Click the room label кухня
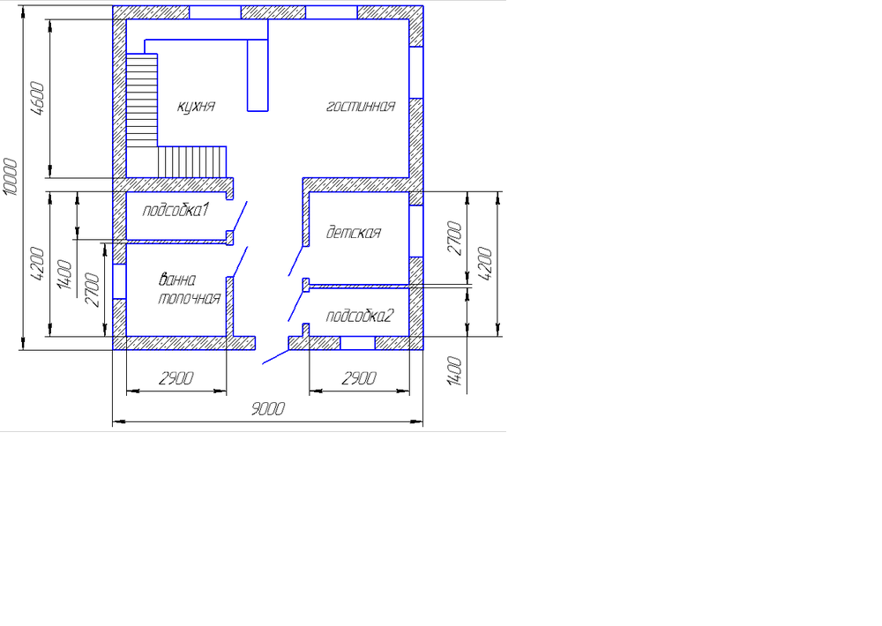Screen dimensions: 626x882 point(196,106)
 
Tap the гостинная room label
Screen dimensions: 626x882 point(360,106)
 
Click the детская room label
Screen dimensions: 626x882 point(353,233)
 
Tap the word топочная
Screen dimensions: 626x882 point(188,298)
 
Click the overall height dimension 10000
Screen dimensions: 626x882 point(11,179)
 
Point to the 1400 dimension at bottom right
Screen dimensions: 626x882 point(455,371)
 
